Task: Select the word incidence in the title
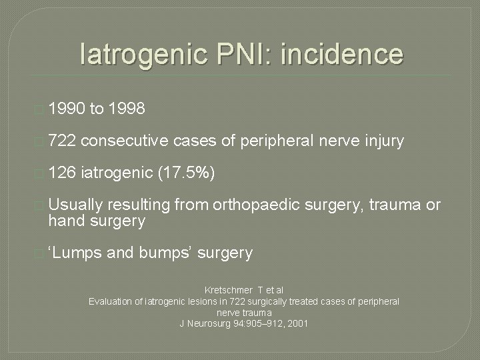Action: pos(342,53)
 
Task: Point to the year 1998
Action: pos(126,108)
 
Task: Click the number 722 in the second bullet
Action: pos(62,141)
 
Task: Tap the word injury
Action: pos(380,141)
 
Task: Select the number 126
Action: pos(62,173)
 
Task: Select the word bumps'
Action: pos(167,253)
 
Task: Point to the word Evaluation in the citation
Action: pos(109,301)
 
